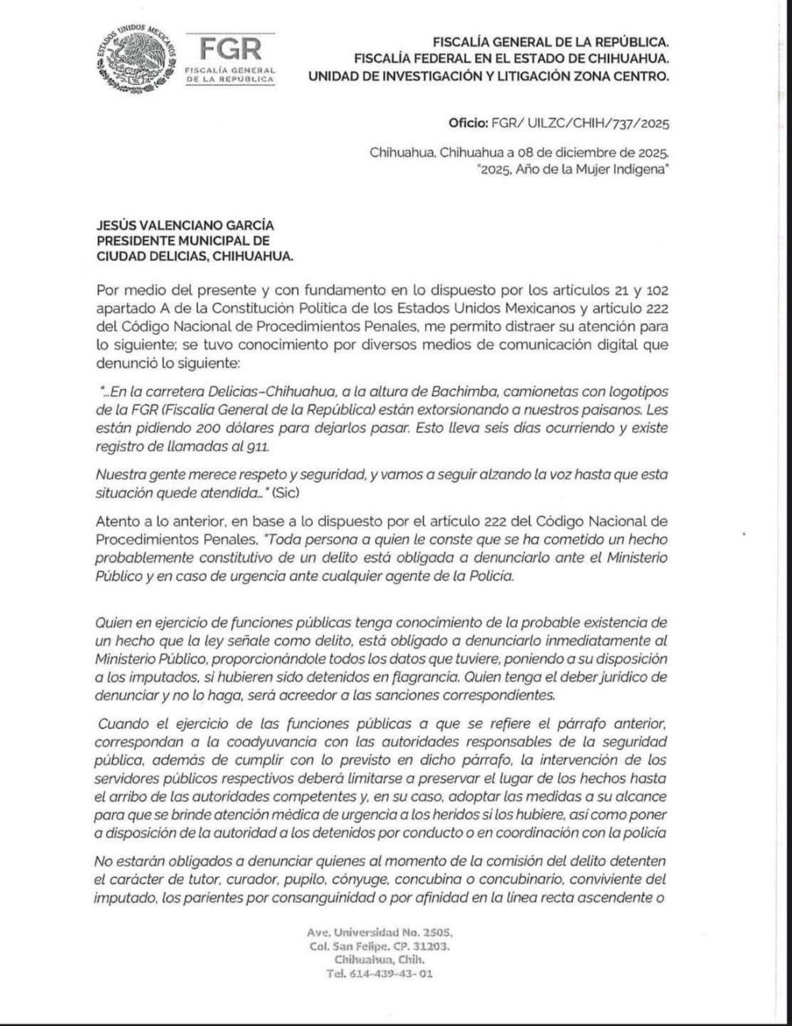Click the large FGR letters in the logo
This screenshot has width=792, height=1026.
pos(230,49)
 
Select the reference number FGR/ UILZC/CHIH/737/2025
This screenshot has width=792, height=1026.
pos(581,124)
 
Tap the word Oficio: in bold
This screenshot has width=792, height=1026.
pos(467,124)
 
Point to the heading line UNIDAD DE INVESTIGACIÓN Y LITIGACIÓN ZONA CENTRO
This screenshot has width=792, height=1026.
pos(488,76)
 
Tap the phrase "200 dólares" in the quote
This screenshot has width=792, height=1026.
pos(195,428)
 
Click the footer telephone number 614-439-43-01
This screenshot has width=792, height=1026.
pos(379,974)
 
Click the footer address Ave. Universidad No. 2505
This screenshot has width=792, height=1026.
pos(379,933)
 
